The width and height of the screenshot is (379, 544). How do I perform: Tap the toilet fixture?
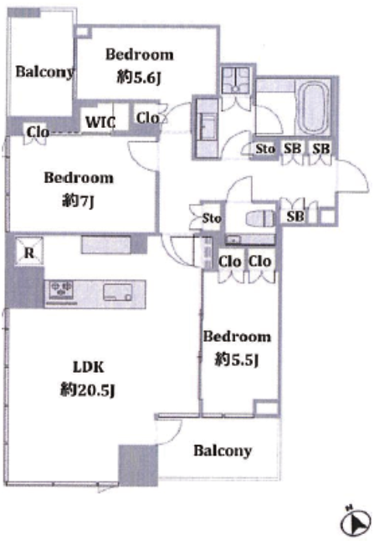point(260,219)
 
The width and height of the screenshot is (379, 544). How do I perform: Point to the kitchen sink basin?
point(118,292)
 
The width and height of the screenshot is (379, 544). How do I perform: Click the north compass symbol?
point(355,521)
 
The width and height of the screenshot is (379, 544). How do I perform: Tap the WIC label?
point(100,122)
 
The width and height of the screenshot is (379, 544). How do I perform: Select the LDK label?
point(88,367)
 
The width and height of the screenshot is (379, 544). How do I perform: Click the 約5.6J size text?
point(139,78)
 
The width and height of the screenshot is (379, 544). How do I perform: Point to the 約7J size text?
point(78,201)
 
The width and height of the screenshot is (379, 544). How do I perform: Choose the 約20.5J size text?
point(88,390)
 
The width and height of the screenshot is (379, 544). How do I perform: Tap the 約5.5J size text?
point(237,359)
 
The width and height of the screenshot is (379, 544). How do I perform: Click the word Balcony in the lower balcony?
point(223,450)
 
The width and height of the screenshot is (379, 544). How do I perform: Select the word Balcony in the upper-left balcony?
point(45,72)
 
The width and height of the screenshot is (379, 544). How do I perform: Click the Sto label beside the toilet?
point(212,218)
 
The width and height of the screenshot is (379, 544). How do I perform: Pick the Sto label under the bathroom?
point(265,149)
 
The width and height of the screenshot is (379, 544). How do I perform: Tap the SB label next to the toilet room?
point(295,216)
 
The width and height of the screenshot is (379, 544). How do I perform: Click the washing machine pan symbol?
point(236,80)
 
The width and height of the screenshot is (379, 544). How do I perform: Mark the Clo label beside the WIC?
point(147,118)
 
